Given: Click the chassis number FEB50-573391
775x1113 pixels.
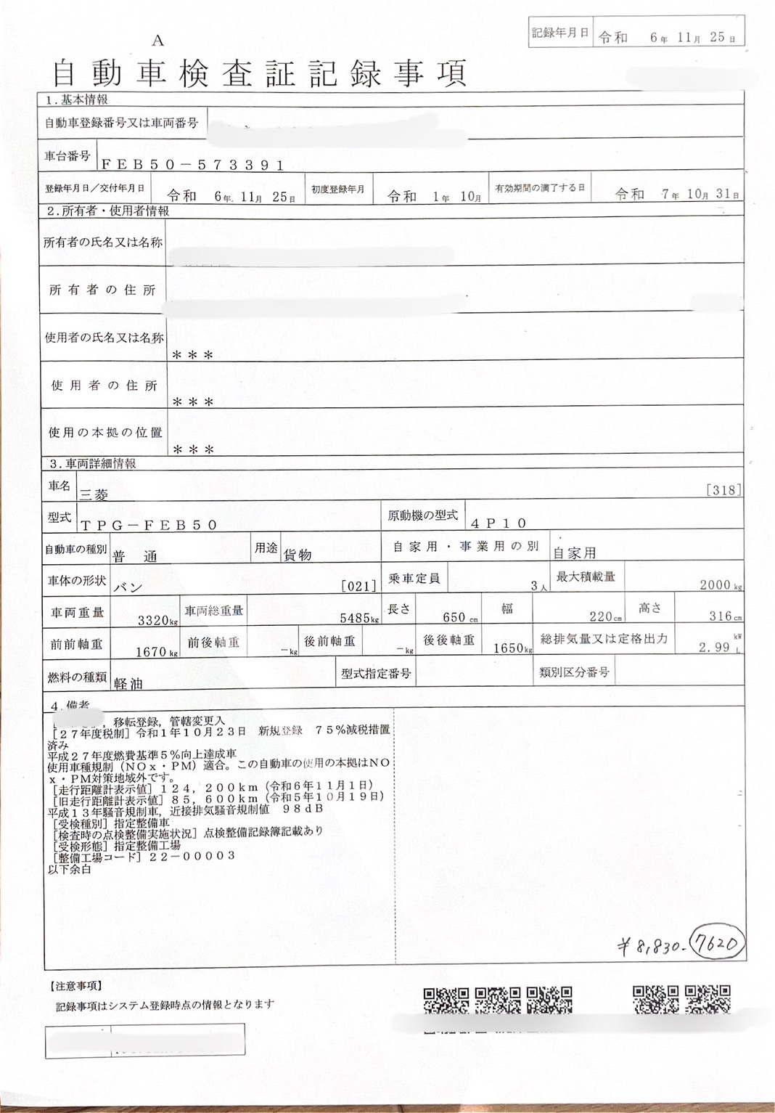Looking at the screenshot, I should point(192,166).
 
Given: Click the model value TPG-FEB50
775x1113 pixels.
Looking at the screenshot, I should point(149,525).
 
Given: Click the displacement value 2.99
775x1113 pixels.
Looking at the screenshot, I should point(714,648).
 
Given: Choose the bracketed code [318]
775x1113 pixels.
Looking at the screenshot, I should point(723,490).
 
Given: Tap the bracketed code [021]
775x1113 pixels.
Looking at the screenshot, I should point(358,586).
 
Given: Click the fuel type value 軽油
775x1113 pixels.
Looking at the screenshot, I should point(128,683).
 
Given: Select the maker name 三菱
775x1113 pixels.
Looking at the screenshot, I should point(94,495).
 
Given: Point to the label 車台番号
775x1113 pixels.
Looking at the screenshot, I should point(67,156).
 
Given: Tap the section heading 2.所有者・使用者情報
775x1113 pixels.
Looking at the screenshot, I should point(107,211).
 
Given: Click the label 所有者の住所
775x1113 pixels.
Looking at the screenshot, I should point(102,290).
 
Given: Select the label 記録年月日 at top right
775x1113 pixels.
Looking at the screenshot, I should point(559,33).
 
